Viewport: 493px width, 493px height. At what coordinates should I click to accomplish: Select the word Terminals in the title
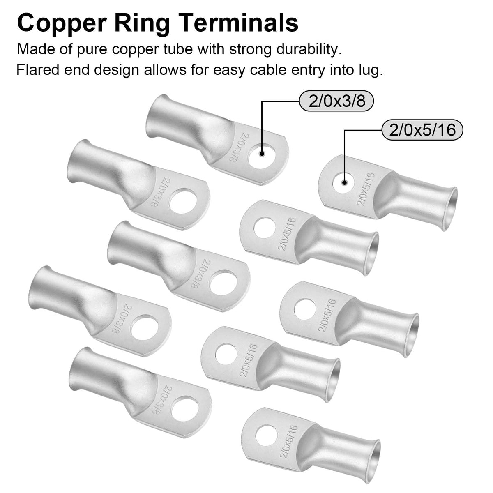click(x=237, y=23)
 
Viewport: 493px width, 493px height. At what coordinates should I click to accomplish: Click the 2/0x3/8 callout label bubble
click(x=337, y=101)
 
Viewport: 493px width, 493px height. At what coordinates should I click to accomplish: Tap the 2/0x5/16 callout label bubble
click(x=422, y=130)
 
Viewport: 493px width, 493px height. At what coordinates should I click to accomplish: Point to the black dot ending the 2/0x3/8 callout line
click(x=261, y=154)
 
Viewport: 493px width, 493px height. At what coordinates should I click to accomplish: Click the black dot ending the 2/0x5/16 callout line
click(x=344, y=183)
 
